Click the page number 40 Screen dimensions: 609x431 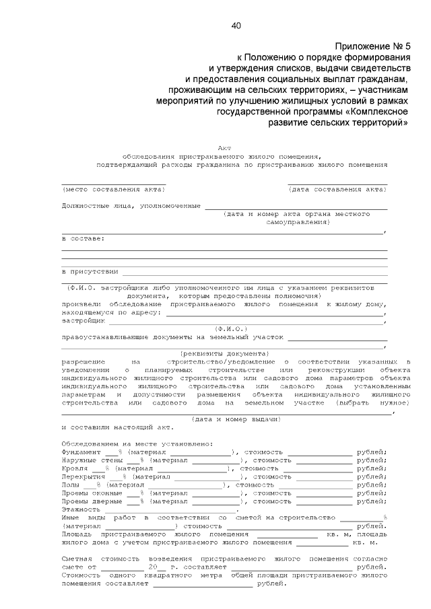pos(236,26)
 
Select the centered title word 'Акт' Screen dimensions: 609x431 pos(224,147)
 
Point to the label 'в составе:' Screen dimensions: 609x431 pos(83,238)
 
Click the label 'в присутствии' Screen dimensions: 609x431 pos(89,271)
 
